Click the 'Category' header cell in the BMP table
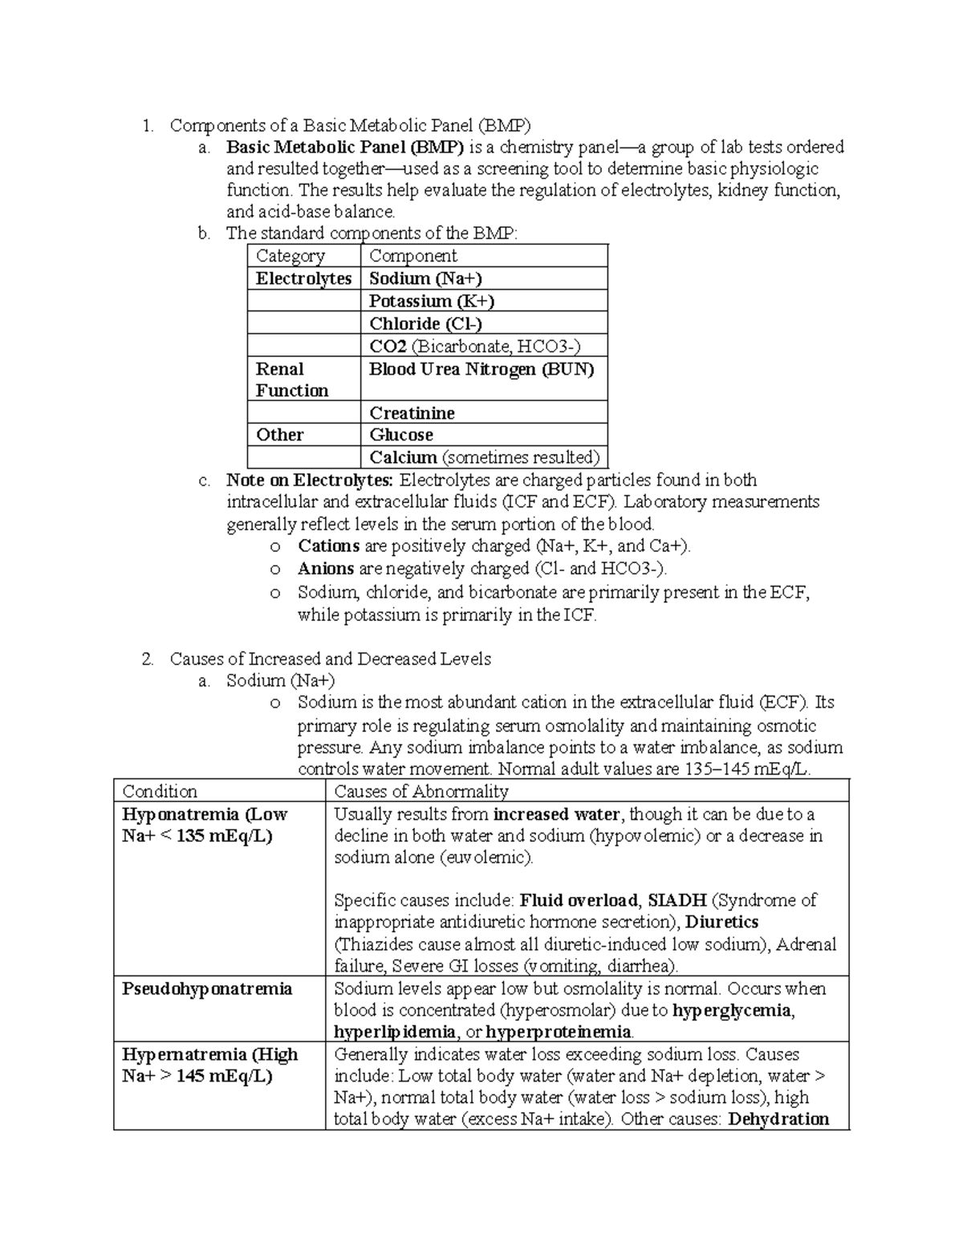pos(290,256)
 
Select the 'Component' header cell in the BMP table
pos(412,256)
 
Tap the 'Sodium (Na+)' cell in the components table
pos(425,278)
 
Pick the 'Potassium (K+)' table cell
pos(431,301)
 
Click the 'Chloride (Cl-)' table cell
pos(425,323)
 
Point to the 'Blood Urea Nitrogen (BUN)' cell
pos(481,369)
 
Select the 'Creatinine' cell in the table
pos(412,413)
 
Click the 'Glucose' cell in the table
pos(401,435)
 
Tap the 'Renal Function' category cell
pos(291,379)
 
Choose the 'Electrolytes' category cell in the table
pos(303,278)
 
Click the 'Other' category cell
pos(279,435)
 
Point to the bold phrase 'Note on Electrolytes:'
pos(310,481)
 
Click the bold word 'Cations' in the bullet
pos(328,546)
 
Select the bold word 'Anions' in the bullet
pos(326,569)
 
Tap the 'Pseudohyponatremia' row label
pos(206,988)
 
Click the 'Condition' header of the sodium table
pos(160,791)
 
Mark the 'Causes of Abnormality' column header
pos(421,791)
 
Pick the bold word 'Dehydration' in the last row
pos(778,1119)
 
